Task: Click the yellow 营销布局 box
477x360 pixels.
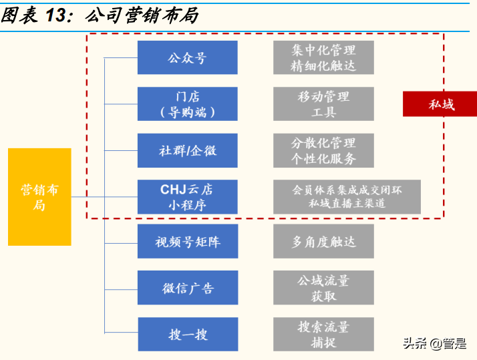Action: (39, 197)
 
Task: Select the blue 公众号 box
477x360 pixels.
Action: (187, 57)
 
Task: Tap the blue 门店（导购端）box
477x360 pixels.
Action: (187, 104)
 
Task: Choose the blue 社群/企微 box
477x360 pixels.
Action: (187, 150)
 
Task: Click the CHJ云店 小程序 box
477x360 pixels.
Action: (187, 197)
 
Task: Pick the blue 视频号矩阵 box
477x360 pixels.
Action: (187, 242)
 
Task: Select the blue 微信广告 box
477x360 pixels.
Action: (187, 288)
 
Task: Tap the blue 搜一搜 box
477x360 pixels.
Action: (187, 334)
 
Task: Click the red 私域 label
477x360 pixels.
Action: (440, 104)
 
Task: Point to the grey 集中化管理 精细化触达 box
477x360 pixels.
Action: (323, 57)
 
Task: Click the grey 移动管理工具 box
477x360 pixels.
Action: (323, 104)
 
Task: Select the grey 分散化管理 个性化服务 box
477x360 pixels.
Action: (323, 150)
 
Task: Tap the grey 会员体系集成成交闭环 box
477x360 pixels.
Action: (347, 197)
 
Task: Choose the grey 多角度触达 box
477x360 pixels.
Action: (323, 242)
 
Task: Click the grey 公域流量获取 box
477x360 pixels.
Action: (323, 288)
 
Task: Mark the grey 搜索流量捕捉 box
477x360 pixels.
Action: (323, 334)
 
